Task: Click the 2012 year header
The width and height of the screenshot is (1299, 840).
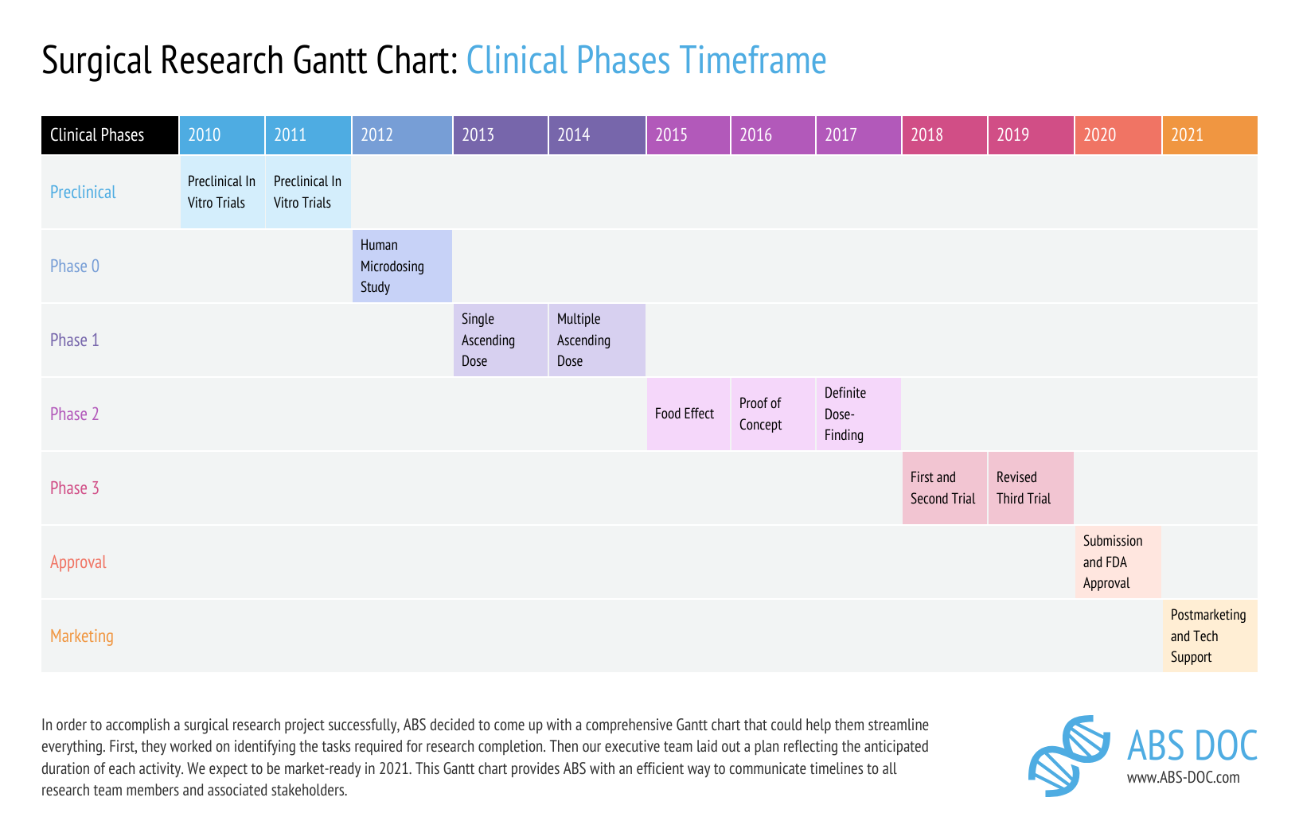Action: pos(402,135)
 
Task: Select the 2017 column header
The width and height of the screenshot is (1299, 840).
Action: pos(858,135)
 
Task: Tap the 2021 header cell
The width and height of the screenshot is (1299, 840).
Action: pos(1209,135)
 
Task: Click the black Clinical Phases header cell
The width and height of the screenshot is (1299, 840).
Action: pos(110,135)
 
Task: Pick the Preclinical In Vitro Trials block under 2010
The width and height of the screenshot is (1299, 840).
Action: pos(222,192)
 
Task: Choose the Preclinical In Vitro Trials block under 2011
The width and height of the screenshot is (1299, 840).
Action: pos(308,192)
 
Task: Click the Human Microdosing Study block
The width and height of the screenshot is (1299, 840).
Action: pos(402,266)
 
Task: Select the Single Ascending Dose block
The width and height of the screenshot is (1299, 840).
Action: pos(500,340)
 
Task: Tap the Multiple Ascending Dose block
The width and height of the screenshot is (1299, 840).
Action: pos(596,340)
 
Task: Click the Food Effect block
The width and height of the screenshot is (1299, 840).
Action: pos(688,414)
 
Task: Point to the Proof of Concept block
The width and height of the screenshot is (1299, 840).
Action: pos(772,414)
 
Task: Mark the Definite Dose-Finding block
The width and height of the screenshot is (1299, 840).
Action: pos(858,414)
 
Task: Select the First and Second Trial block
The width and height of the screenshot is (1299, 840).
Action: pos(944,488)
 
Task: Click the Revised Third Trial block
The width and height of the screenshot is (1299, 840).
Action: pos(1030,488)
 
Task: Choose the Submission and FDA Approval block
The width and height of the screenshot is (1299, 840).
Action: pos(1118,562)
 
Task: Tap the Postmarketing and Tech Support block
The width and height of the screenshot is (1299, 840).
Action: pos(1209,636)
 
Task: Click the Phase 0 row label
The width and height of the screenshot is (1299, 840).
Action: pos(75,266)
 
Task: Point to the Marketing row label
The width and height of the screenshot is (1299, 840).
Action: pos(82,636)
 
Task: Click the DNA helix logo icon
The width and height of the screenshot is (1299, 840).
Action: pos(1069,755)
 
